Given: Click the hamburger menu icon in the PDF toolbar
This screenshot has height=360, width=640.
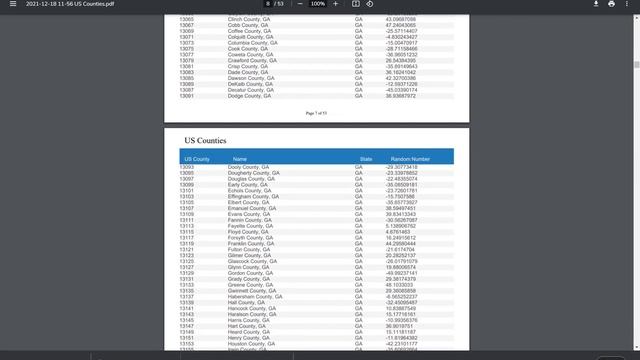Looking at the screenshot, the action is click(12, 4).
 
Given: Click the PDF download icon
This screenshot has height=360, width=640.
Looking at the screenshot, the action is click(589, 4).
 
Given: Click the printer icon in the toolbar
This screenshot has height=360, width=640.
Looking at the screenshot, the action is click(611, 4).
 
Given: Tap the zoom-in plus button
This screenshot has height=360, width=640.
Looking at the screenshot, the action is click(336, 4).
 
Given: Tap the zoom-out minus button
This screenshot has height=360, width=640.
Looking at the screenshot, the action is click(297, 4).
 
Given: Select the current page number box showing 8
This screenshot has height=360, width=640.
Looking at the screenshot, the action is click(268, 4).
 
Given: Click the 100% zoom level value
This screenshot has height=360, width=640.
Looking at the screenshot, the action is click(316, 4).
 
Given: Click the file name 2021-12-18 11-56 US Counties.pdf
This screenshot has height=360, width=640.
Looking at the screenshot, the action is click(69, 4).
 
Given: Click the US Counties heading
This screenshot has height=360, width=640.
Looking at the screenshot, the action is click(205, 141).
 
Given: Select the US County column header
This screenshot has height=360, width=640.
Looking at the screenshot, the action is click(195, 159).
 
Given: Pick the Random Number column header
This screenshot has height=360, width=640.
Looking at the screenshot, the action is click(410, 159).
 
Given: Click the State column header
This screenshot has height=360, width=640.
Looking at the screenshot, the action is click(366, 159).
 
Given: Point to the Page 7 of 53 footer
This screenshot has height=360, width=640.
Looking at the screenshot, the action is click(316, 113).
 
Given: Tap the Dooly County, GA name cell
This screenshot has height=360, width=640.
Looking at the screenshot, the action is click(247, 167).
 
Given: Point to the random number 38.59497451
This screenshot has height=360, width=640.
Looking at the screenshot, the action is click(406, 208).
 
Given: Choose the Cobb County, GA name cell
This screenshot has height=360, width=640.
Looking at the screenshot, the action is click(245, 25).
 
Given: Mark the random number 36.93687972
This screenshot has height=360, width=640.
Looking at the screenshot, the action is click(406, 96).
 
